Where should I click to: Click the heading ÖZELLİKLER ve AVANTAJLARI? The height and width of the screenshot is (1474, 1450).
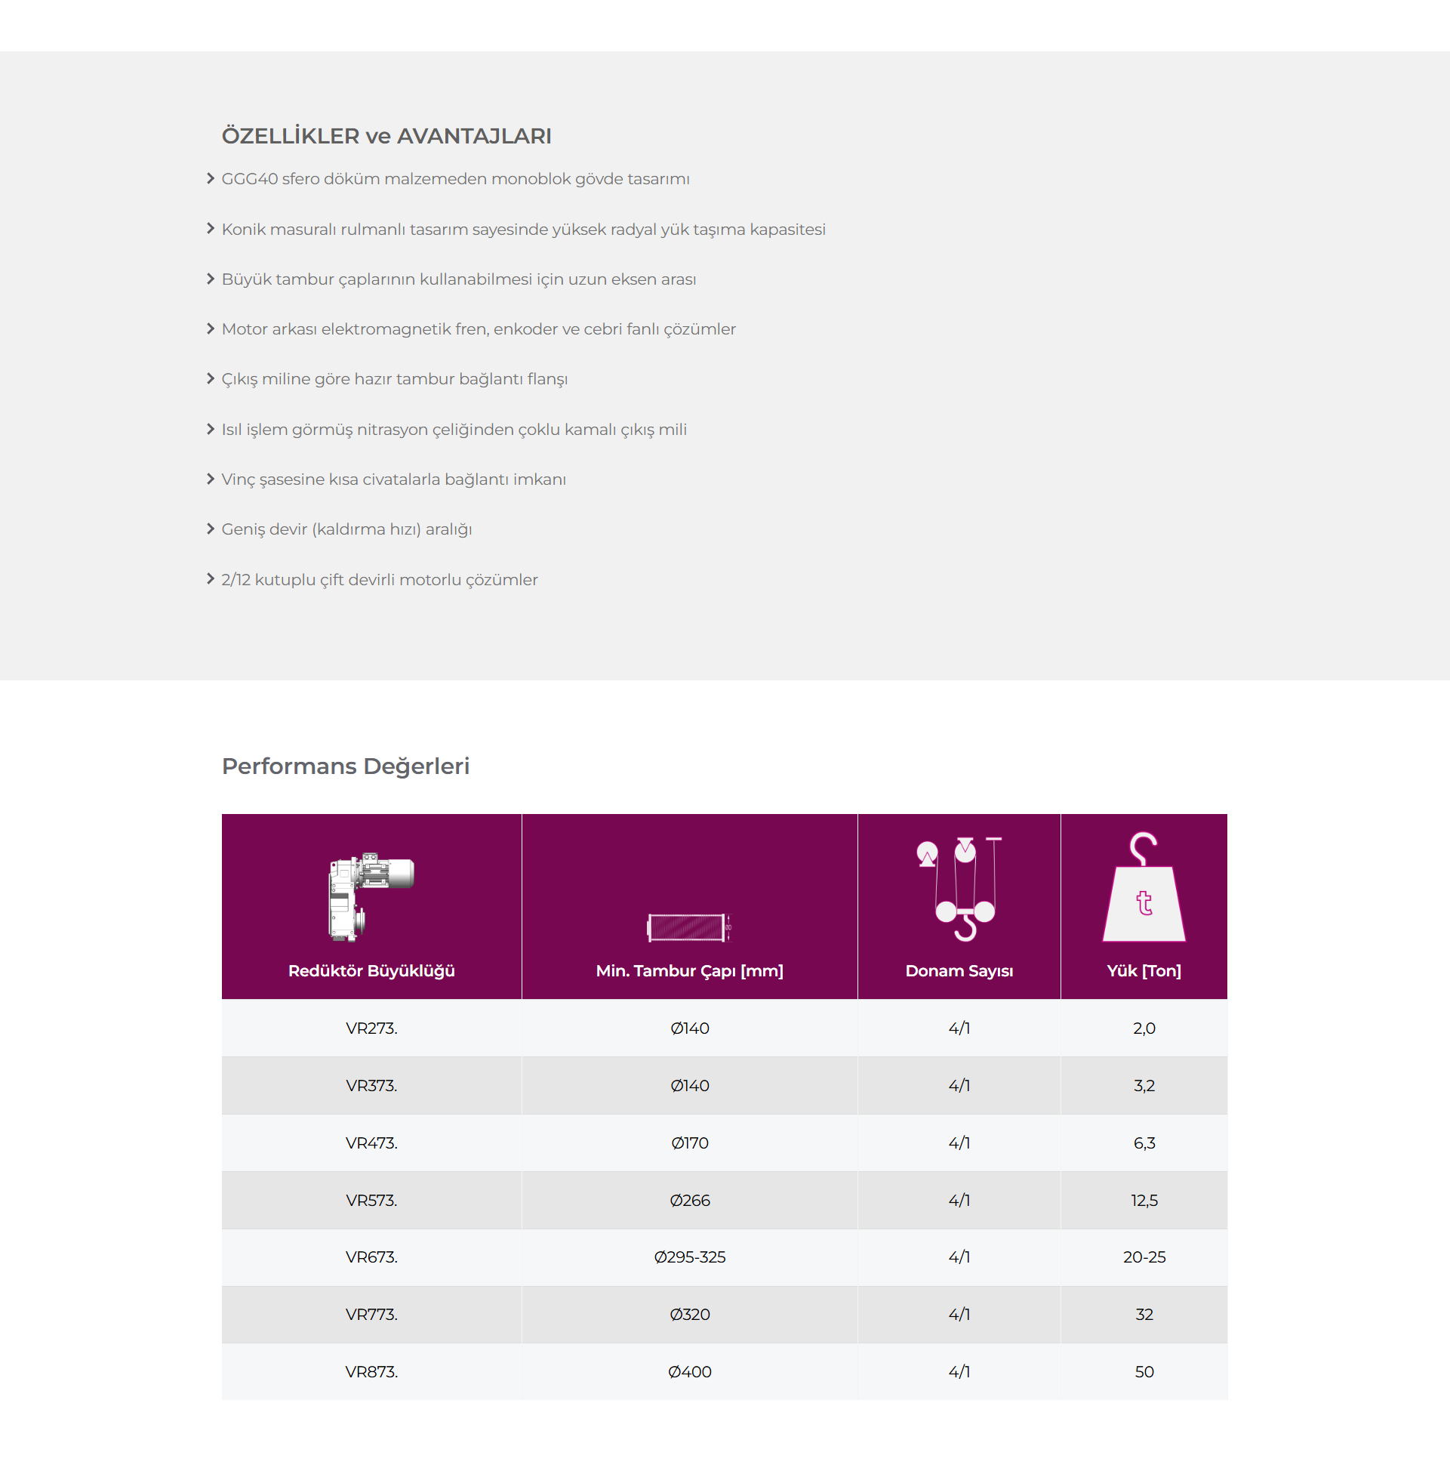pyautogui.click(x=386, y=136)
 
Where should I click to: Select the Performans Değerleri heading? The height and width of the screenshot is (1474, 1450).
pyautogui.click(x=345, y=766)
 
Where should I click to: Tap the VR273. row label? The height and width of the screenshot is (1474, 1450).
pyautogui.click(x=371, y=1028)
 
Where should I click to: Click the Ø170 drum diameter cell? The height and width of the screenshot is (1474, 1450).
pyautogui.click(x=689, y=1143)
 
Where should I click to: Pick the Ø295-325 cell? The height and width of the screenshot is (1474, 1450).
pyautogui.click(x=689, y=1257)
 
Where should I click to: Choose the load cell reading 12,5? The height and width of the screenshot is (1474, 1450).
pyautogui.click(x=1144, y=1200)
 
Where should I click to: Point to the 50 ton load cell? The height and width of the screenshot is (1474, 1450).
pyautogui.click(x=1144, y=1371)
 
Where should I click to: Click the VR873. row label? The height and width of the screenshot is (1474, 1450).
pyautogui.click(x=371, y=1371)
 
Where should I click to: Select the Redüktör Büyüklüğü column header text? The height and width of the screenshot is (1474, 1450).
pyautogui.click(x=371, y=970)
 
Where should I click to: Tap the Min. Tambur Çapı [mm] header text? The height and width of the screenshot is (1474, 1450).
pyautogui.click(x=689, y=970)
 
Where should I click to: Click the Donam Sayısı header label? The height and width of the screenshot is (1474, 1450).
pyautogui.click(x=959, y=970)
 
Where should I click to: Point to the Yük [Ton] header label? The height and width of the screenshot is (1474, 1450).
pyautogui.click(x=1144, y=970)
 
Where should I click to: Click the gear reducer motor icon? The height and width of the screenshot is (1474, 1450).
pyautogui.click(x=371, y=896)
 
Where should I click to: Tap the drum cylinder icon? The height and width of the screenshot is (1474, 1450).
pyautogui.click(x=688, y=927)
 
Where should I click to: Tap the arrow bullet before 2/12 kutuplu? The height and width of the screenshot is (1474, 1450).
pyautogui.click(x=210, y=579)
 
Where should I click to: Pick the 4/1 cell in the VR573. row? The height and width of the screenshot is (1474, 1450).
pyautogui.click(x=959, y=1200)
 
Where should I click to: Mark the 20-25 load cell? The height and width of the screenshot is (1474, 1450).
pyautogui.click(x=1144, y=1257)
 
